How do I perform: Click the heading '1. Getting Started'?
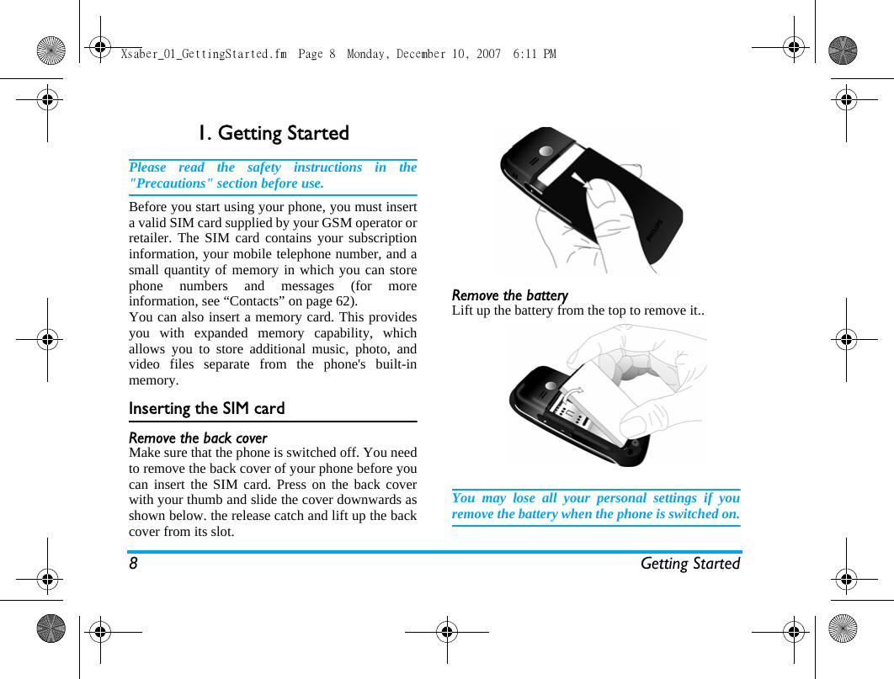[273, 134]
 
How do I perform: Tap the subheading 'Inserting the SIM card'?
[206, 409]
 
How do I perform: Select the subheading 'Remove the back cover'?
[198, 438]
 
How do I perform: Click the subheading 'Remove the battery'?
[509, 295]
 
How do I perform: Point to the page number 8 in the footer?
[133, 564]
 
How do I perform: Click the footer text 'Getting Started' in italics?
[689, 564]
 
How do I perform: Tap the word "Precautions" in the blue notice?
[168, 183]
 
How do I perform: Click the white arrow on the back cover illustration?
[580, 184]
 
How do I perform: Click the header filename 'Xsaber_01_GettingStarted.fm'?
[204, 54]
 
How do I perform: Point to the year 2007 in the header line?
[488, 54]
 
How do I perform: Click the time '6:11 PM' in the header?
[535, 54]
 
